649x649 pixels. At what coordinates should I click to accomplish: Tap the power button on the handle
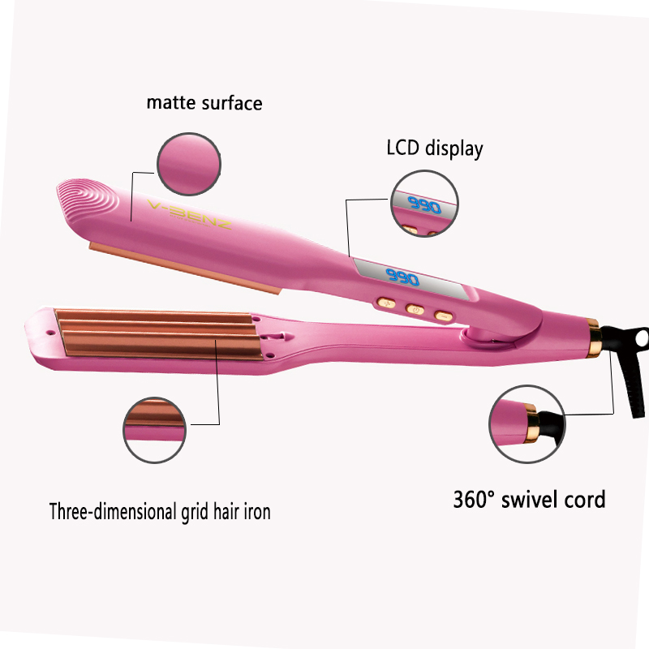[414, 309]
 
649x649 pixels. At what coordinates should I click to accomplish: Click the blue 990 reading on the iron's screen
[401, 279]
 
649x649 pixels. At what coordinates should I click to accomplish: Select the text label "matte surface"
[204, 103]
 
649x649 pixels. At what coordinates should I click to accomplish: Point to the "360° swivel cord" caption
[529, 499]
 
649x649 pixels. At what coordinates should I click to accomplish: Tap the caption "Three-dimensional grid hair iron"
[160, 512]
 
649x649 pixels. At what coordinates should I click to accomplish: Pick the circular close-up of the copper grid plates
[157, 428]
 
